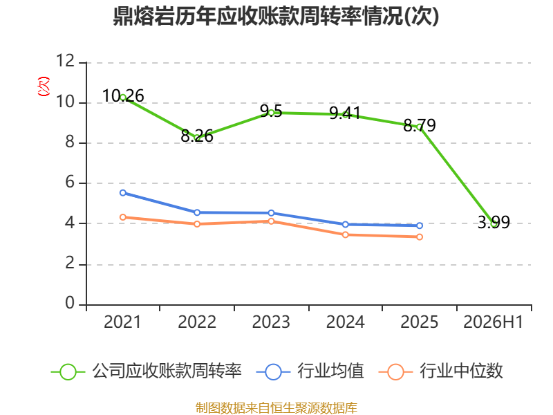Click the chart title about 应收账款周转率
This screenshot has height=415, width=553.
coord(276,16)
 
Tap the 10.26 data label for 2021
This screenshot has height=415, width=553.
coord(123,96)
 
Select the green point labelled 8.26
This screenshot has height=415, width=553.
coord(197,137)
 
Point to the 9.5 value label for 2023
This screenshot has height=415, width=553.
coord(271,111)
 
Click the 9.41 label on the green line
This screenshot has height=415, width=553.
coord(345,113)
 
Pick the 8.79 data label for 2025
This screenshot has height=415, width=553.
coord(420,125)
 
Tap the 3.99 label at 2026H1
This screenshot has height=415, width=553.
coord(494,222)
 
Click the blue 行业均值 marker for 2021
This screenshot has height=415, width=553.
coord(123,193)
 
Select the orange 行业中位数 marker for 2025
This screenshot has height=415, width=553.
coord(420,237)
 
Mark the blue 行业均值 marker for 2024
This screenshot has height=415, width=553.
coord(345,224)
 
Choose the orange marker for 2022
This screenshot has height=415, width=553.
coord(197,223)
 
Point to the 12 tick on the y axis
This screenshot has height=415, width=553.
coord(66,61)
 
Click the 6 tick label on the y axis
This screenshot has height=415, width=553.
coord(70,183)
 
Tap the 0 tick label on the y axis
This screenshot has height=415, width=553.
coord(70,303)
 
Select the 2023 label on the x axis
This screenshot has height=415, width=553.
coord(271,322)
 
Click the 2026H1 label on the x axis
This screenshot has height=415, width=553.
coord(493,322)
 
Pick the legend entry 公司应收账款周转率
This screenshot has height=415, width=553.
coord(147,371)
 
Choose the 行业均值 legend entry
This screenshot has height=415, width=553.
coord(310,371)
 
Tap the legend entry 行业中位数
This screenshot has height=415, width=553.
coord(440,371)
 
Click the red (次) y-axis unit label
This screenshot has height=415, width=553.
coord(44,86)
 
